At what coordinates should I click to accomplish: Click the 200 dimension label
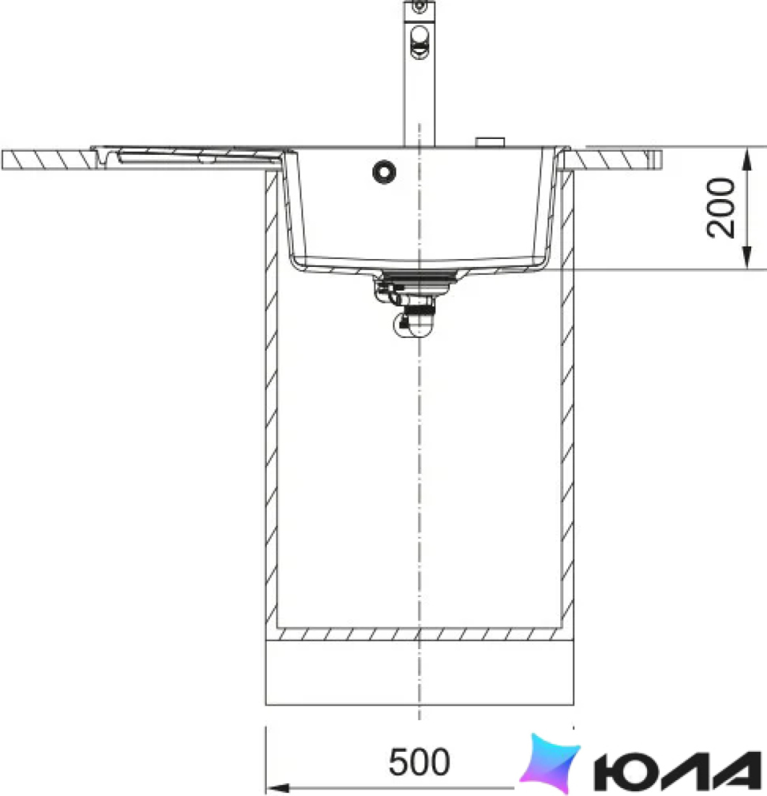tap(721, 207)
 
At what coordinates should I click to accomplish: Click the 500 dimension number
tap(419, 761)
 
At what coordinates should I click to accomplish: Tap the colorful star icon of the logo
tap(550, 763)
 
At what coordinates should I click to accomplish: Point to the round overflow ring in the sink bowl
tap(384, 172)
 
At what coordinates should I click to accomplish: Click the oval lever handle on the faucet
tap(419, 41)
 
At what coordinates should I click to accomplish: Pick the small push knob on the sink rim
tap(490, 142)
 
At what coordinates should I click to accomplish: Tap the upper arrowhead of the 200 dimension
tap(747, 161)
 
